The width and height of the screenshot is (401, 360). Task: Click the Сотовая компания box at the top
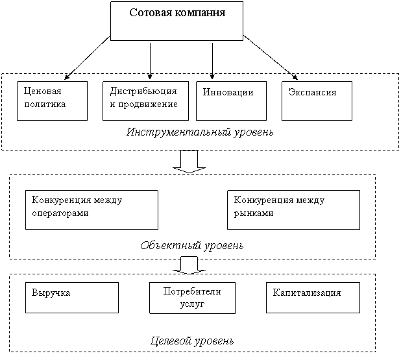point(176,21)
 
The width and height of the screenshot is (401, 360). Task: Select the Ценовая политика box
point(52,101)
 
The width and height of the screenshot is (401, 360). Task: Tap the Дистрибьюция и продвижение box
point(145,101)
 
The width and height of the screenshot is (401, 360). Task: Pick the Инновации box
point(231,101)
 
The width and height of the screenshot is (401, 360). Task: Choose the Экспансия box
point(317,101)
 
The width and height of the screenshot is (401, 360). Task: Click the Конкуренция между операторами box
point(91,210)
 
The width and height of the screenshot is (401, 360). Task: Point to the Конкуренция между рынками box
point(293,210)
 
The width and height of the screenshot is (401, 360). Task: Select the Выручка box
point(72,297)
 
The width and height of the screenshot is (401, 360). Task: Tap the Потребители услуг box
point(191,298)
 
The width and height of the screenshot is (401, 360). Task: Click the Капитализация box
point(313,297)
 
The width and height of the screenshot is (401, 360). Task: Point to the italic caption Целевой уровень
point(192,341)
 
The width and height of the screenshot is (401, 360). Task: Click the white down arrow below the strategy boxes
point(189,162)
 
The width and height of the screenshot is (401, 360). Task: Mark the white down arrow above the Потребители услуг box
point(189,265)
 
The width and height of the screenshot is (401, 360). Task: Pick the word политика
point(44,104)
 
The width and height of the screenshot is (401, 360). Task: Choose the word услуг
point(191,304)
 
